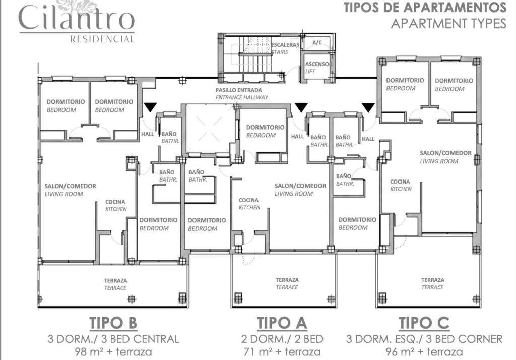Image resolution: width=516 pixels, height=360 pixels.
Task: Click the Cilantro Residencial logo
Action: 77,21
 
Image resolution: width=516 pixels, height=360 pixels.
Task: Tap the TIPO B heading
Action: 113,323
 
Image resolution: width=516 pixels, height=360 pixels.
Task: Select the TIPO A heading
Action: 282,323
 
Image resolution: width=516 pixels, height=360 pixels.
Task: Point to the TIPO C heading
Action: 424,323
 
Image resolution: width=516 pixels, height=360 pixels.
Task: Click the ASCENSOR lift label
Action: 318,67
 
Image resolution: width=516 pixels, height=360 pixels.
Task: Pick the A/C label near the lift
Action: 317,42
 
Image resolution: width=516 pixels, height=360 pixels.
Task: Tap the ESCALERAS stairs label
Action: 285,48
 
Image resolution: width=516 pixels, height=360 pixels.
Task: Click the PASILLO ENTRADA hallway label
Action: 242,94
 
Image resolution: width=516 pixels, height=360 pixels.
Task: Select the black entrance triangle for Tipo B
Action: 150,107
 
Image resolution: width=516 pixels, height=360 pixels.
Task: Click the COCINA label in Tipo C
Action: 401,185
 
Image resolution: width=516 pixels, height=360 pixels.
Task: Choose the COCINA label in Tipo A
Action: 249,204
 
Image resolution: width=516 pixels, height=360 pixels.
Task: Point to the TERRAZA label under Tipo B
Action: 115,284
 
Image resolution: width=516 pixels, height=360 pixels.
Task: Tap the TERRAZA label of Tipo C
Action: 433,283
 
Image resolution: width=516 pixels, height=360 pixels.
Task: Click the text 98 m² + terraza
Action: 113,352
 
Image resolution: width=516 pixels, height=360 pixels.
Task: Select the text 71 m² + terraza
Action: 282,352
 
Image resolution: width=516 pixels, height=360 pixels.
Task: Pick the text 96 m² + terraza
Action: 424,352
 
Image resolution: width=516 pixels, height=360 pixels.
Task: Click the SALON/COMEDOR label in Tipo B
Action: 71,190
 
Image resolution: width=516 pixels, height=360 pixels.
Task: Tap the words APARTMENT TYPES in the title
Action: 448,23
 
